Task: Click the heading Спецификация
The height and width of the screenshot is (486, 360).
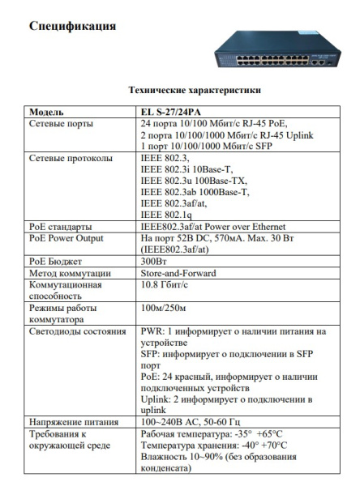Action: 73,26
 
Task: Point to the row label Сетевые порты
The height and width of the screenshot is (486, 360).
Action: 61,123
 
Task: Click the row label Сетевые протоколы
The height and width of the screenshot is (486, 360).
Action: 71,158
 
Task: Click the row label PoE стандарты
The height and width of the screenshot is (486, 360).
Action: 60,227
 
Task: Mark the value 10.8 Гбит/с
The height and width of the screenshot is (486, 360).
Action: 163,285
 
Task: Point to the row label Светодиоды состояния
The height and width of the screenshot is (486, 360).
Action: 77,331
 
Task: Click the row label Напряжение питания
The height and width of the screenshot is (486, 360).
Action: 73,422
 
